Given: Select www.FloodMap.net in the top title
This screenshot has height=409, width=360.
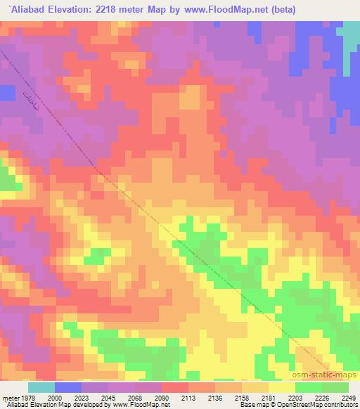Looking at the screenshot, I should pos(223,10).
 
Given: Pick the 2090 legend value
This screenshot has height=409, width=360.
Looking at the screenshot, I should pos(162,398).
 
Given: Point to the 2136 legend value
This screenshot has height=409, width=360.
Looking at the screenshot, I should pos(216,398).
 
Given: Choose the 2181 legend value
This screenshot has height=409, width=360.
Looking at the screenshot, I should pos(270,398).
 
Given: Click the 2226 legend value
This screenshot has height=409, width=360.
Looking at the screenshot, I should pos(323,398).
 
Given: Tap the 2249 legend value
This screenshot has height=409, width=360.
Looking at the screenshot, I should pos(349,398).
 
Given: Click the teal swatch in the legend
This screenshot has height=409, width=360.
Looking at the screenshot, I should pos(41,387).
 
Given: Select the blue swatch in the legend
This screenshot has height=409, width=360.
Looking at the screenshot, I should pos(67,387).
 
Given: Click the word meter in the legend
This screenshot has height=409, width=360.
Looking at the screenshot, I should pos(9,398).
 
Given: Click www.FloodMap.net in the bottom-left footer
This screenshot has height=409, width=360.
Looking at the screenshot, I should pos(143,405).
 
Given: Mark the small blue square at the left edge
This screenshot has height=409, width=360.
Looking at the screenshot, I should pos(7,93).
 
